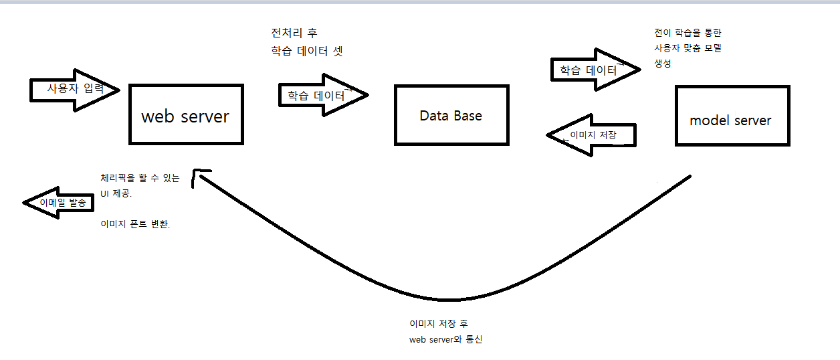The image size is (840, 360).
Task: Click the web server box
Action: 185,114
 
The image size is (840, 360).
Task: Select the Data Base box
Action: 451,114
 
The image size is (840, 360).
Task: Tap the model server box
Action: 732,116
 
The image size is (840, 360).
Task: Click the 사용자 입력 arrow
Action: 74,89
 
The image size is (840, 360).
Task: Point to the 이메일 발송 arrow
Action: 57,202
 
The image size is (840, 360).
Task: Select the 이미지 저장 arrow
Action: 590,135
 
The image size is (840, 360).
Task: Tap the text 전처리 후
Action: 294,33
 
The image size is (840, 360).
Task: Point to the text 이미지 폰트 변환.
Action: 135,225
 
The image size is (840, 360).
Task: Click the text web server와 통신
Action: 445,339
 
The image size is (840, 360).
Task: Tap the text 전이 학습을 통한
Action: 688,33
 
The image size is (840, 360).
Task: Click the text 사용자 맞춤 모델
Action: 688,48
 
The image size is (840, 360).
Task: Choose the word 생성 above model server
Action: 663,64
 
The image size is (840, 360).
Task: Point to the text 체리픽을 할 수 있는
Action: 140,179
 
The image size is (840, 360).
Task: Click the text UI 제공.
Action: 116,194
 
